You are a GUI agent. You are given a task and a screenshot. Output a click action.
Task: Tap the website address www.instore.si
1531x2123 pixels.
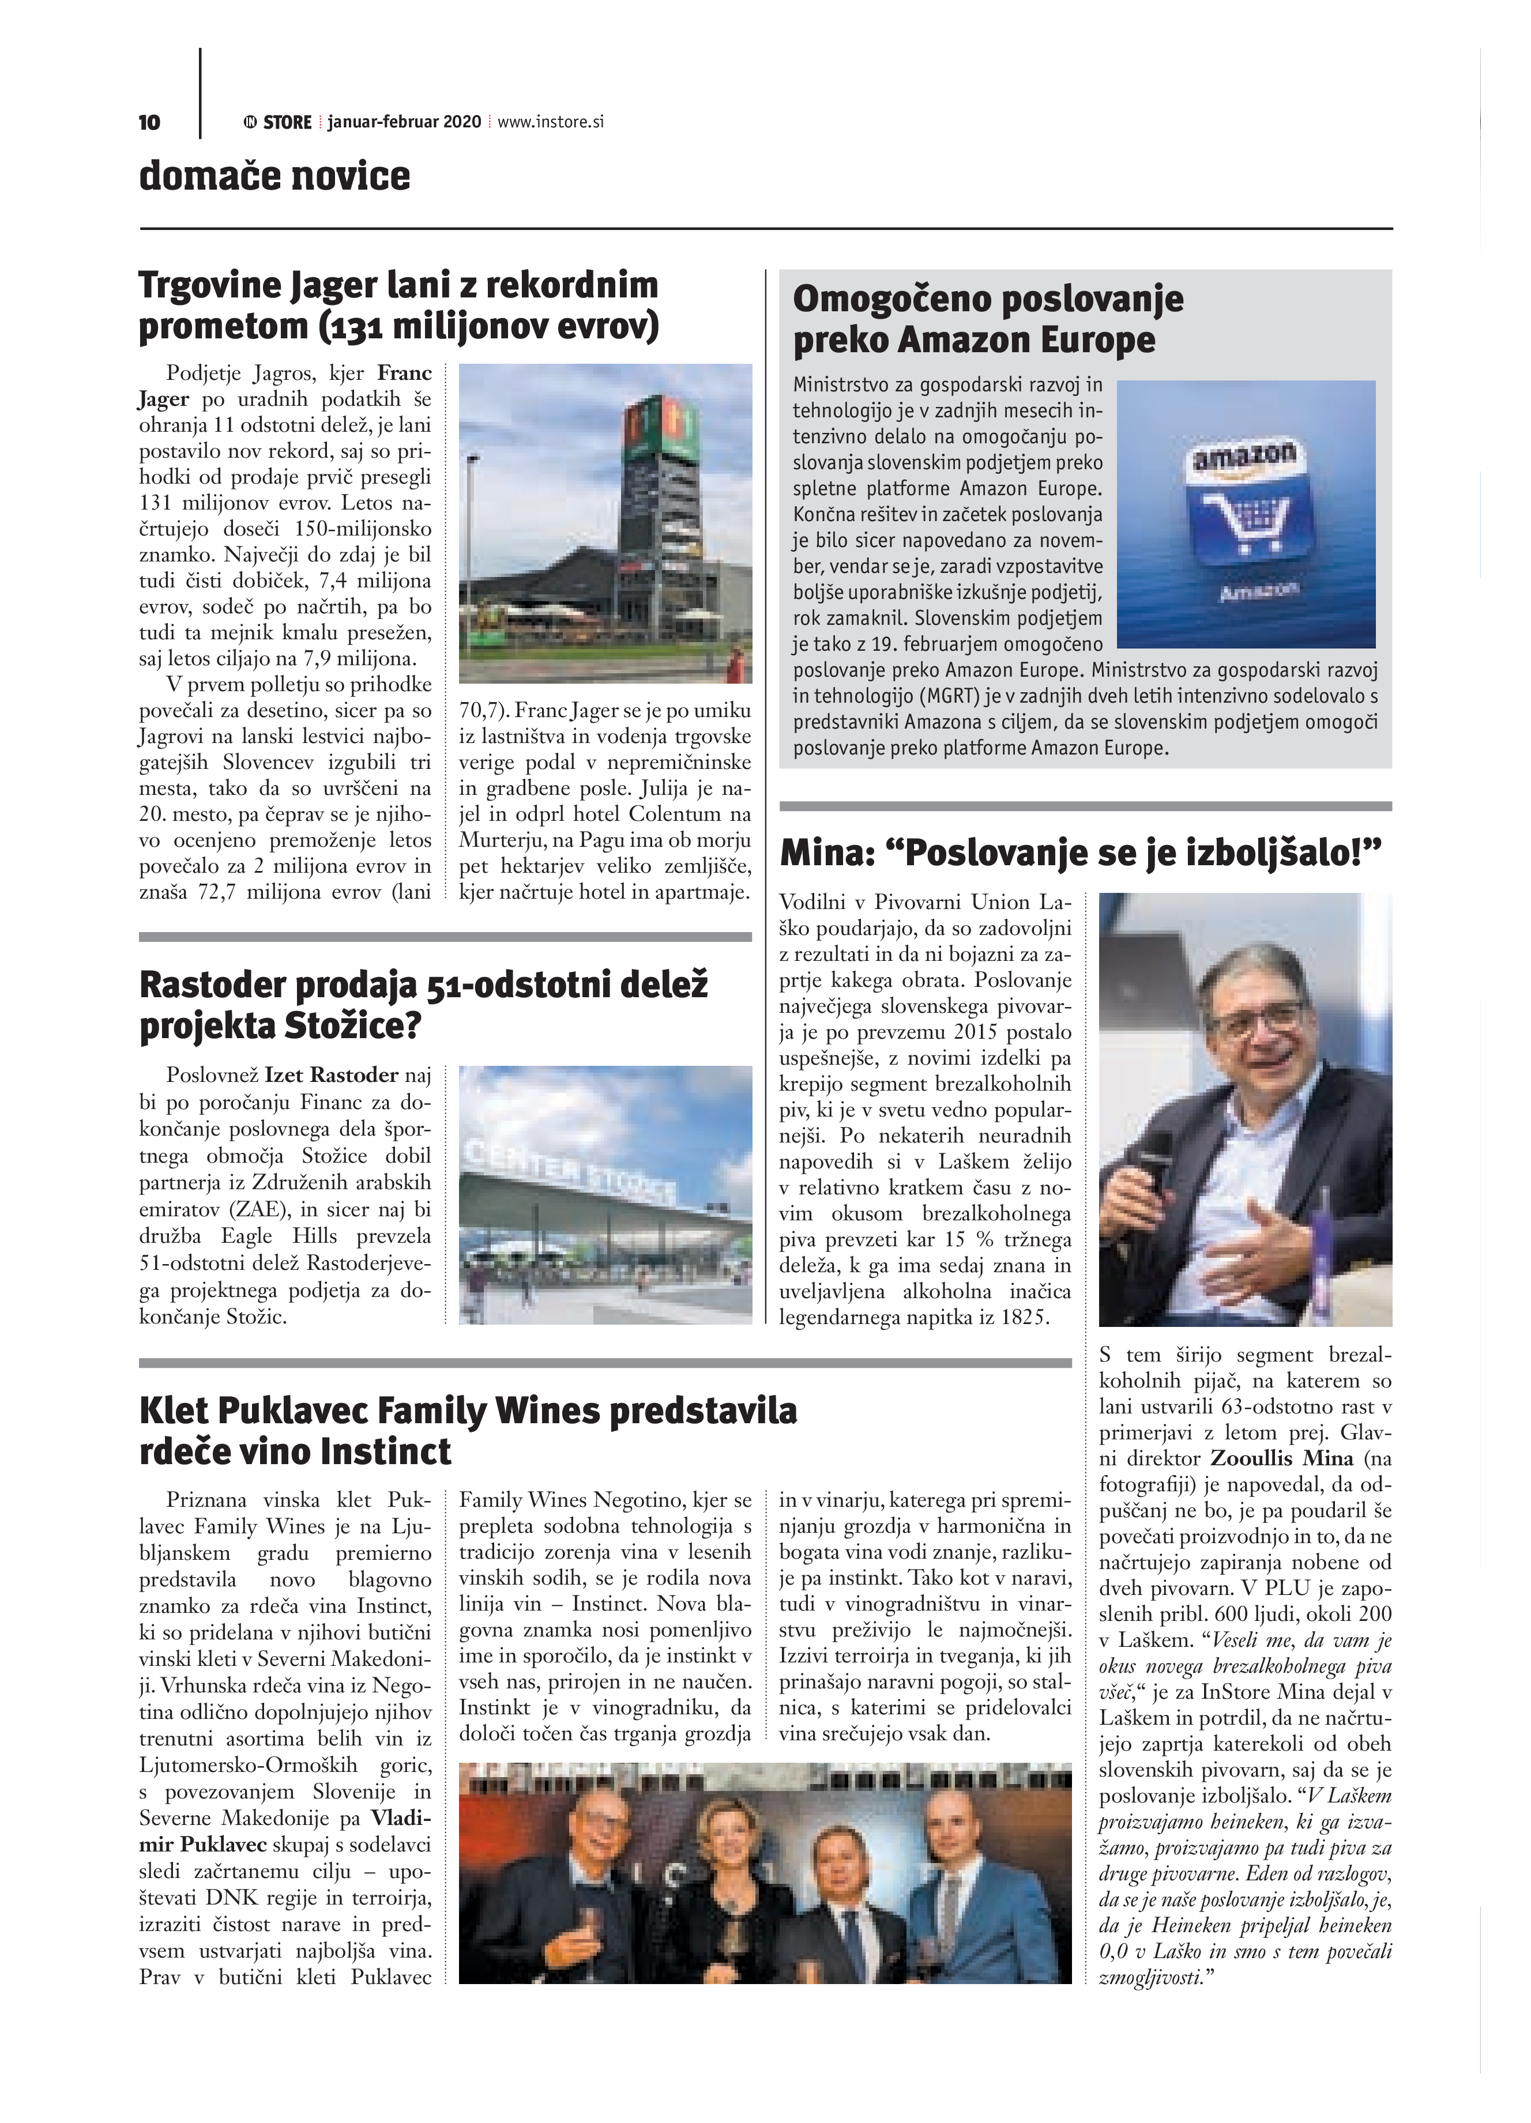click(x=551, y=122)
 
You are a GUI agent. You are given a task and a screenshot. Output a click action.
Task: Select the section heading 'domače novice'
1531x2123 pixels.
click(x=274, y=176)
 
